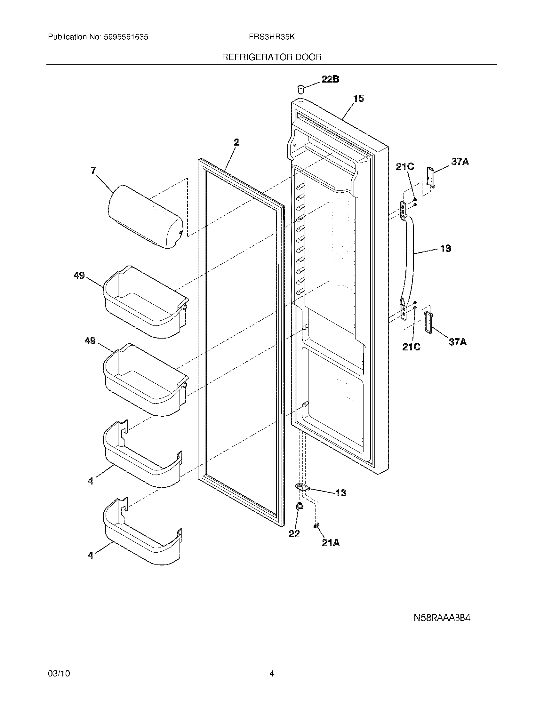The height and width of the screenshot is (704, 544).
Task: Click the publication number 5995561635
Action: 126,37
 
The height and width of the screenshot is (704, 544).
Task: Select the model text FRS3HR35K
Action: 272,37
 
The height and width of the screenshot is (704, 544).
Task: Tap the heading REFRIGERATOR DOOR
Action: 272,57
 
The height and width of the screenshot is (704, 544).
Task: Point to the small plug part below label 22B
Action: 300,88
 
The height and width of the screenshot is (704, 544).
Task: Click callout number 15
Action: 358,98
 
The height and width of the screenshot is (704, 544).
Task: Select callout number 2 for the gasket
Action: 236,142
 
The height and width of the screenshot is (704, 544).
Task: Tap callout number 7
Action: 93,170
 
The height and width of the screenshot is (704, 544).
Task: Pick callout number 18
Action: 445,248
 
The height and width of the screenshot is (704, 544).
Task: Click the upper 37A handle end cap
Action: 430,177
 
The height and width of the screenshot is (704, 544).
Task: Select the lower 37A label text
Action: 458,342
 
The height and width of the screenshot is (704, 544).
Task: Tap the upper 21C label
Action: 405,167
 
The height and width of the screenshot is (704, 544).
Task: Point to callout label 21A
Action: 331,543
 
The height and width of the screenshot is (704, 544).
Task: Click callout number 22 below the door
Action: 294,534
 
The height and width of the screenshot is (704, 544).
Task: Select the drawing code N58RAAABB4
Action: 442,618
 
